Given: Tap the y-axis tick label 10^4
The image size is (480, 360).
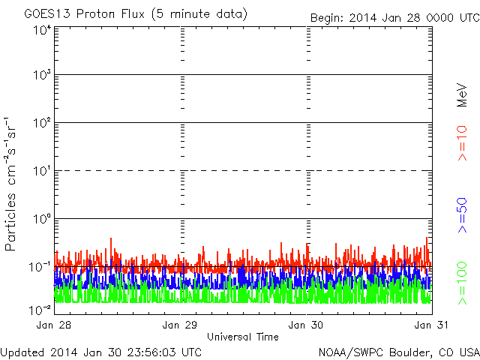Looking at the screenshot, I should [42, 30].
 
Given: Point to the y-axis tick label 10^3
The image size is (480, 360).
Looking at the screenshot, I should [42, 75].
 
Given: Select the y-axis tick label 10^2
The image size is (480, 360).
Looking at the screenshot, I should [42, 122].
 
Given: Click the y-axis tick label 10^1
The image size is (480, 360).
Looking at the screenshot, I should [42, 170].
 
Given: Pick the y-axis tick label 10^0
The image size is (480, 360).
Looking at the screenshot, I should [42, 218].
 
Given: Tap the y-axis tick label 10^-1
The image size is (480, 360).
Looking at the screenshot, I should [40, 266].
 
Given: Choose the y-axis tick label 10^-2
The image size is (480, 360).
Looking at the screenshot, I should [40, 308].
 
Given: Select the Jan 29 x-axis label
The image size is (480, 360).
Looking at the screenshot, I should [181, 325].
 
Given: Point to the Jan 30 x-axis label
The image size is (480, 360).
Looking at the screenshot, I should [307, 325].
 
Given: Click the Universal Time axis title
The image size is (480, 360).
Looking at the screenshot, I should [243, 337].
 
